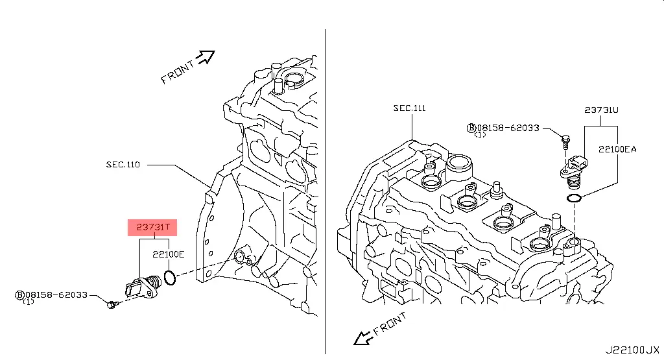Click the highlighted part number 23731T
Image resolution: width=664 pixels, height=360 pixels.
153,228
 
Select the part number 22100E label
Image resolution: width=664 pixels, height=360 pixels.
169,254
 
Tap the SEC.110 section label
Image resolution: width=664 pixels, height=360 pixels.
123,164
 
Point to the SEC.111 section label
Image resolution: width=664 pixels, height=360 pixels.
410,108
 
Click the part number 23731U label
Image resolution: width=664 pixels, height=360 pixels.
601,110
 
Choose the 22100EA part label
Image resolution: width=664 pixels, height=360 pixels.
617,149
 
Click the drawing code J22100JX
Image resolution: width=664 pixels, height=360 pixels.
632,350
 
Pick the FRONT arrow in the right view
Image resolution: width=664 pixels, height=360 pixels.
363,337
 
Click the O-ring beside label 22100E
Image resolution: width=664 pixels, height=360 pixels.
170,278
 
